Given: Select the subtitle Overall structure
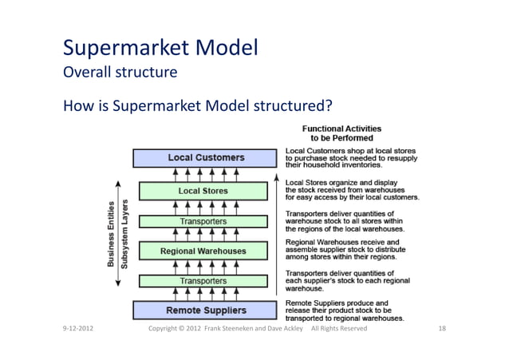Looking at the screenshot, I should pyautogui.click(x=119, y=73).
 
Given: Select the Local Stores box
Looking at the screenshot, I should pyautogui.click(x=203, y=191).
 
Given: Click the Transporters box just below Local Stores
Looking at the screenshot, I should pyautogui.click(x=203, y=221).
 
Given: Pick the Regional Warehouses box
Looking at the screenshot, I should pyautogui.click(x=203, y=251).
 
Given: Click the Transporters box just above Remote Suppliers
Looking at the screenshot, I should pyautogui.click(x=203, y=281).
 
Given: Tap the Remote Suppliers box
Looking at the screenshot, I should pyautogui.click(x=206, y=310).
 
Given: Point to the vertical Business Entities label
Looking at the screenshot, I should pyautogui.click(x=112, y=233).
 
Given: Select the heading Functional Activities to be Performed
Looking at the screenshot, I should pyautogui.click(x=341, y=133).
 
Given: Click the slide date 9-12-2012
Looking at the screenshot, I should pyautogui.click(x=81, y=329).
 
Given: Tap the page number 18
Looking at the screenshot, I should pyautogui.click(x=444, y=329).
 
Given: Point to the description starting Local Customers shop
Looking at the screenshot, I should pyautogui.click(x=345, y=158).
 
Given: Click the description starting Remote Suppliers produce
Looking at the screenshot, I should pyautogui.click(x=344, y=310).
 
